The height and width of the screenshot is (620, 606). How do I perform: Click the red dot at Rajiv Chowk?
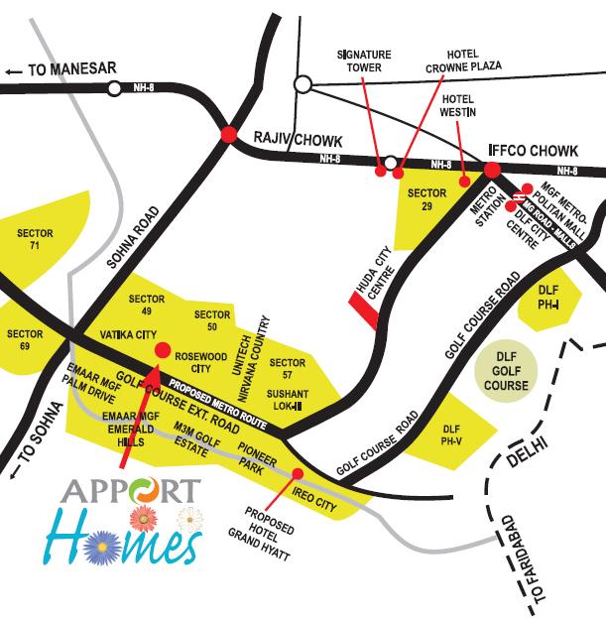coord(229,133)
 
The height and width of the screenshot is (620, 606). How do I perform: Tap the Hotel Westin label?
coord(459,107)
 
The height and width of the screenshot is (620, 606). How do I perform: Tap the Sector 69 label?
coord(25,340)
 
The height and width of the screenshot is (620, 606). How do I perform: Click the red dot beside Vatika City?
coord(163,348)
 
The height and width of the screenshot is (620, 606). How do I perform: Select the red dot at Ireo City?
coord(299,474)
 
